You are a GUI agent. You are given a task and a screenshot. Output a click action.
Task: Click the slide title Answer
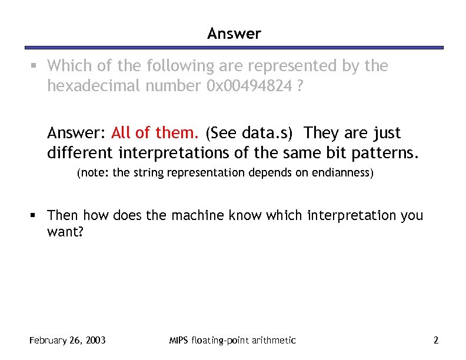[x=234, y=34]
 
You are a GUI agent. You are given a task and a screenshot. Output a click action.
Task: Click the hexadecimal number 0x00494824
[x=249, y=86]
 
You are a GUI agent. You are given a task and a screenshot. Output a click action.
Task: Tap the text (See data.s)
[x=249, y=132]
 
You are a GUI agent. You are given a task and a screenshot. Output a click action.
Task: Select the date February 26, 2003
[x=67, y=340]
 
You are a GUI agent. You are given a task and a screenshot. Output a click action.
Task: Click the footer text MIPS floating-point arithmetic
[x=232, y=340]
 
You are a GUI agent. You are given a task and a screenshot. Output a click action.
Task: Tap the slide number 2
[x=435, y=340]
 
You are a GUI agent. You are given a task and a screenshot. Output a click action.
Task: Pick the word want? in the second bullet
[x=66, y=233]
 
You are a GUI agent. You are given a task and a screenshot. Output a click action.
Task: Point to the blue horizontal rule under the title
[x=234, y=48]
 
